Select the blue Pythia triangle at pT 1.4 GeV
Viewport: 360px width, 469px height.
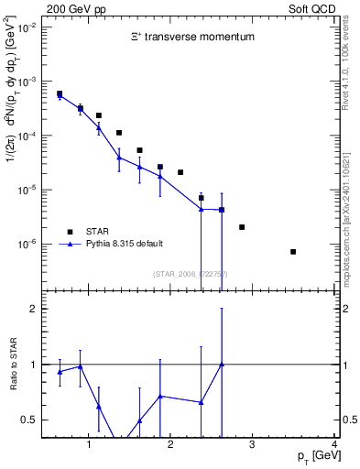[119, 158]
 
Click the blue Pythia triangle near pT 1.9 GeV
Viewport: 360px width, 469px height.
[160, 176]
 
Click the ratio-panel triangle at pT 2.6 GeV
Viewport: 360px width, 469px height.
[222, 364]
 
